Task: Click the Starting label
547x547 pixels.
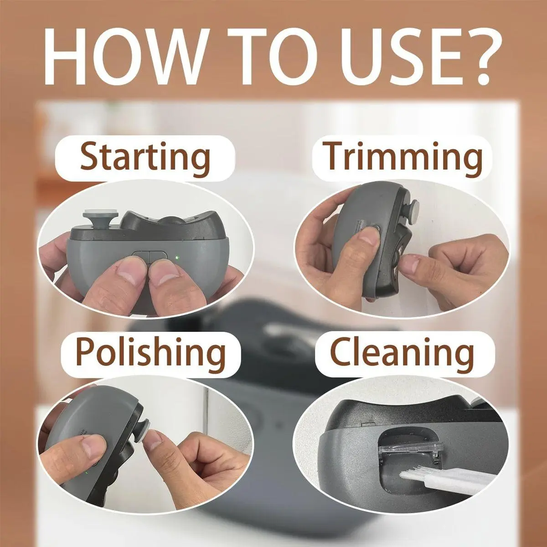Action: pos(145,158)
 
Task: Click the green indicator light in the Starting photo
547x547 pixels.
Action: pos(177,258)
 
